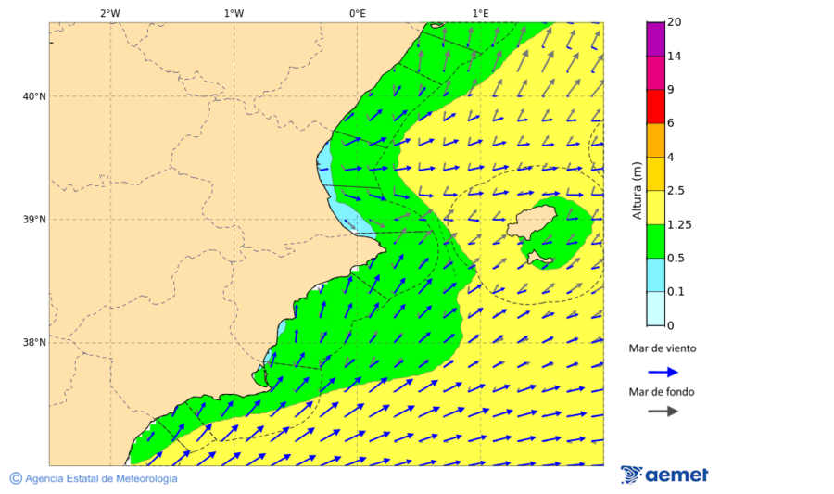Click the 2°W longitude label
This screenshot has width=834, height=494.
tap(109, 13)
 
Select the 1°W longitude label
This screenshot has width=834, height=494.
tap(234, 13)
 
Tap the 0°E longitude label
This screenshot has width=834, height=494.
tap(357, 13)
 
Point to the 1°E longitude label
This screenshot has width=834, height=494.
tap(480, 13)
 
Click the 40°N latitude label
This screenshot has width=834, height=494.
tap(34, 96)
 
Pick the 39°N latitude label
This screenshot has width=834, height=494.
tap(34, 220)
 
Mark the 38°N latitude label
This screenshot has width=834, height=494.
tap(34, 343)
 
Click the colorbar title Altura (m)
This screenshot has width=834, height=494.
tap(637, 190)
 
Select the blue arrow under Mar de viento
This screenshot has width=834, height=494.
tap(663, 372)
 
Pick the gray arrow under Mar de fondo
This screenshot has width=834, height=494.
tap(663, 412)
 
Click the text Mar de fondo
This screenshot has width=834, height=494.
tap(662, 392)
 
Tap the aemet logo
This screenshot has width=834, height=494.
tap(664, 475)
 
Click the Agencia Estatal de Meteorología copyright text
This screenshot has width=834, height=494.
tap(94, 478)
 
